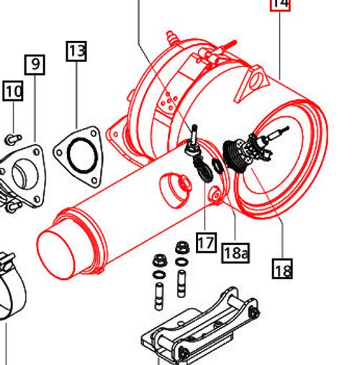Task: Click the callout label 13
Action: (77, 51)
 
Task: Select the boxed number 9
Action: (35, 65)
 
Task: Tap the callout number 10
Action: (13, 91)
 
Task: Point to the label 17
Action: (206, 242)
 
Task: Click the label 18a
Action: (235, 252)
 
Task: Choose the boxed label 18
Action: (282, 270)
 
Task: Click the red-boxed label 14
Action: (280, 4)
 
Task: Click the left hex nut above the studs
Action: (160, 260)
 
